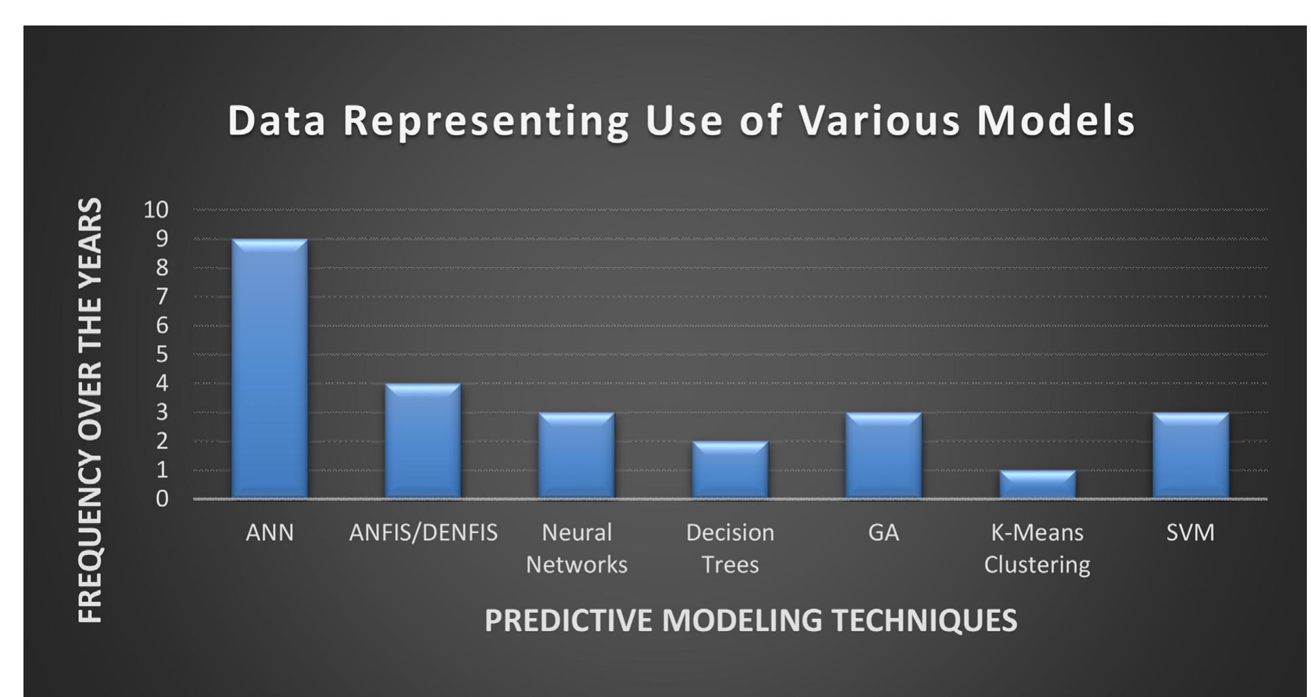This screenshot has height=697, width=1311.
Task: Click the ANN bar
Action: [270, 369]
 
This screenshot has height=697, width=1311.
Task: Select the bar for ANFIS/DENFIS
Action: [423, 442]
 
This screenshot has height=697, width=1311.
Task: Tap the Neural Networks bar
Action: [576, 456]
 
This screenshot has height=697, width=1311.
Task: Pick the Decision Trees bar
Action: [730, 470]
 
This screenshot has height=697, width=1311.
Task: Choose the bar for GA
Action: [883, 456]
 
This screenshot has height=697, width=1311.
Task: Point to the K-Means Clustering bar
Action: [1037, 484]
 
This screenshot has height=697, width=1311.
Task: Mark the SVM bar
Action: [1190, 456]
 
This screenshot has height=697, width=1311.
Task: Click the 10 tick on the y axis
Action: [156, 209]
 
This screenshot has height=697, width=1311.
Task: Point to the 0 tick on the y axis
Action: [162, 499]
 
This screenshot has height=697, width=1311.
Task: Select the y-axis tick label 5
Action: [162, 355]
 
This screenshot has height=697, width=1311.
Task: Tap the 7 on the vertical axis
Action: [162, 296]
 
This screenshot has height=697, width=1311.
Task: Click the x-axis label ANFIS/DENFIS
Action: [423, 533]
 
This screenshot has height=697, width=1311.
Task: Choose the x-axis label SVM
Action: [1190, 533]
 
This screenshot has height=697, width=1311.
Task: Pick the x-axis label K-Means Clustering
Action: [1037, 548]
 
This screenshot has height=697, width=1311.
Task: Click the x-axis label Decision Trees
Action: [730, 548]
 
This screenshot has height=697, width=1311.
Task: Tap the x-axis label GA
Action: [883, 533]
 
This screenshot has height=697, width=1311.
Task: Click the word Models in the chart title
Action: [1056, 120]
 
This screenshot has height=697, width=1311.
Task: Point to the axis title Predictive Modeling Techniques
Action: [751, 620]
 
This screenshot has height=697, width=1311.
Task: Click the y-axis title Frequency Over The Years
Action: [90, 410]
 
